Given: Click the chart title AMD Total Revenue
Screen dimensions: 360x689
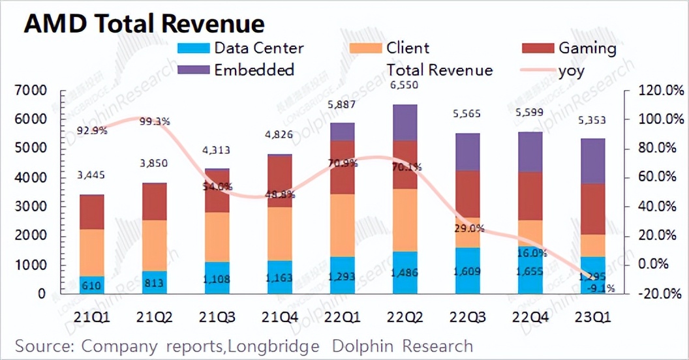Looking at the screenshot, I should [144, 23].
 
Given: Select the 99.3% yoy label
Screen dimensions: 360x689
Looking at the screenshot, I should [154, 121].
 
